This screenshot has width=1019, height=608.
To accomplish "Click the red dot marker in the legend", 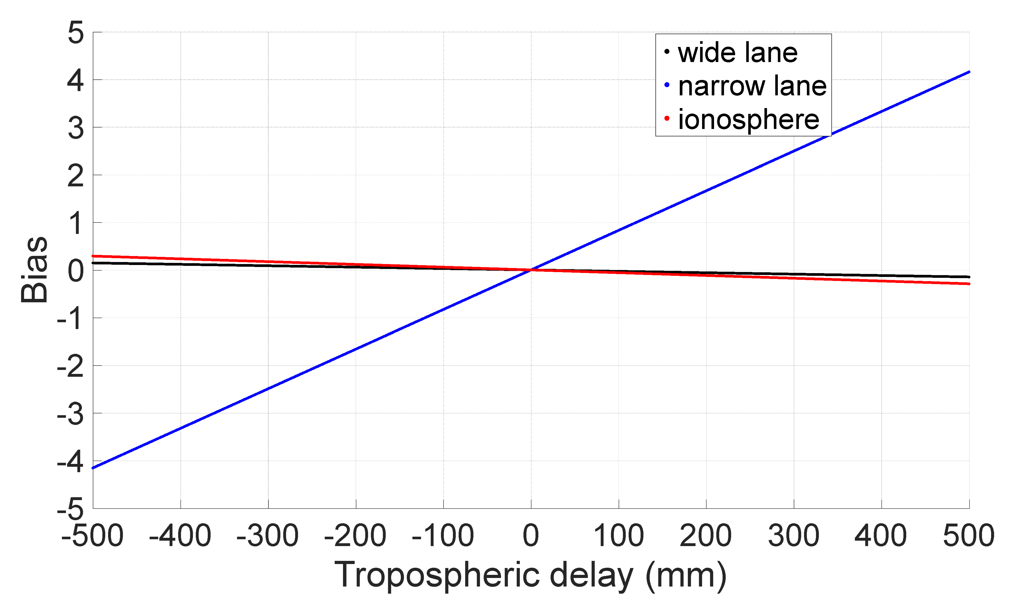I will tap(667, 118).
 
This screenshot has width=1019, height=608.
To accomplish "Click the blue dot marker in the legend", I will tap(667, 85).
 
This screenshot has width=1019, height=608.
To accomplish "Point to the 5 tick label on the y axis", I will tap(76, 33).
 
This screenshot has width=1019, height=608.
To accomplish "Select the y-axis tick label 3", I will tap(76, 128).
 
